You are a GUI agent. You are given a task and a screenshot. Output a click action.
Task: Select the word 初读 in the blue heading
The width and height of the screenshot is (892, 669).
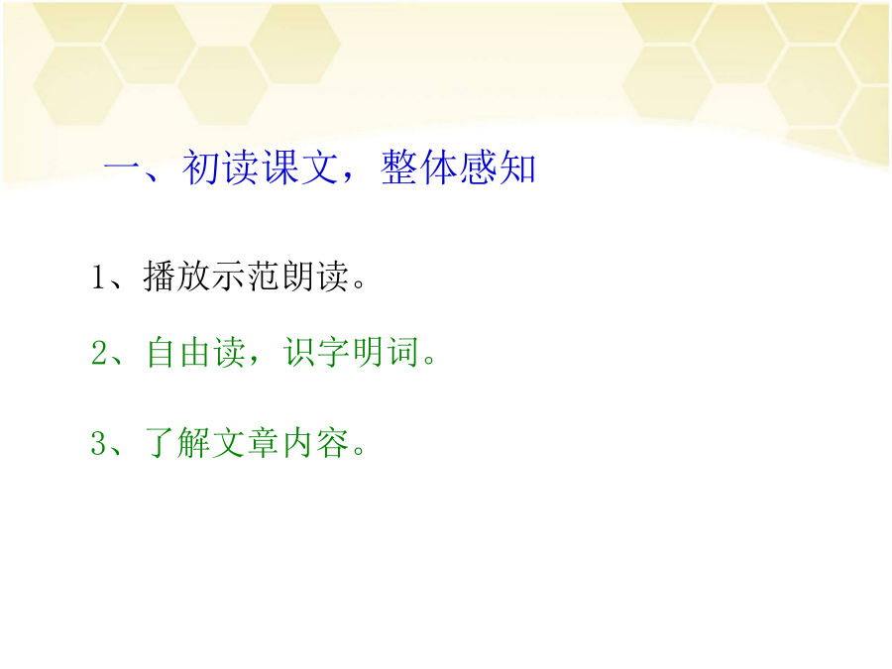[x=220, y=167]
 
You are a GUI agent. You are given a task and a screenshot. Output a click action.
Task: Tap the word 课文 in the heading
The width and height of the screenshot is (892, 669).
[x=299, y=167]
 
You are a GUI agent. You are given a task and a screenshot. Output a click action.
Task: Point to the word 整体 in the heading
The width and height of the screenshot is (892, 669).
[x=418, y=167]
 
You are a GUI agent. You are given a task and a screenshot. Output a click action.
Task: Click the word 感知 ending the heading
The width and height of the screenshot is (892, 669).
[x=498, y=167]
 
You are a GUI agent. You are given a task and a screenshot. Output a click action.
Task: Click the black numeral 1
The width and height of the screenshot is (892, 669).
[x=98, y=278]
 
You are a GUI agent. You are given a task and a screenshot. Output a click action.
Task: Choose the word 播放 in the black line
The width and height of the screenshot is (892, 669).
[x=176, y=277]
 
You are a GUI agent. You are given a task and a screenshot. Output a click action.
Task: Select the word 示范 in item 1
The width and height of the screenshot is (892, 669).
[x=246, y=277]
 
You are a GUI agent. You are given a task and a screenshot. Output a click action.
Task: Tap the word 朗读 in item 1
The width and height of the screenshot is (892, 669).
[x=315, y=277]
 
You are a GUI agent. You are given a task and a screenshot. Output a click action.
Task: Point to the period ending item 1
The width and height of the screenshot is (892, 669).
[x=359, y=283]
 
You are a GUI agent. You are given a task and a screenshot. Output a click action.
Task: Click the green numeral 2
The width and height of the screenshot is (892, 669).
[x=99, y=352]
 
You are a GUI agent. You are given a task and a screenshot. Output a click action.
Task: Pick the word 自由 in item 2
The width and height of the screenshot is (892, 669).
[x=179, y=352]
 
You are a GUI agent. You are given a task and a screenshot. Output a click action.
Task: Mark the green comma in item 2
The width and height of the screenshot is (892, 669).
[x=253, y=360]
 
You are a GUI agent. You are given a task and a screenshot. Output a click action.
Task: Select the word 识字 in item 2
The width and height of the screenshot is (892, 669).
[x=317, y=352]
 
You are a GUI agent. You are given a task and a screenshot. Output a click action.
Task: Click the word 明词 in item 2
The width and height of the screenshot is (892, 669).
[x=386, y=352]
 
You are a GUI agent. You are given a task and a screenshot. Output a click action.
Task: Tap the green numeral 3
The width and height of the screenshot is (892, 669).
[x=99, y=443]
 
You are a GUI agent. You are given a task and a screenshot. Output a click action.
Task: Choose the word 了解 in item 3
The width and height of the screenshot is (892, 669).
[x=177, y=443]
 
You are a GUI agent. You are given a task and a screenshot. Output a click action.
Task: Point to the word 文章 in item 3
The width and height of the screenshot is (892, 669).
[x=246, y=443]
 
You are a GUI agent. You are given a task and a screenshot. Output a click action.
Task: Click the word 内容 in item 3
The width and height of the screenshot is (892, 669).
[x=315, y=443]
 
